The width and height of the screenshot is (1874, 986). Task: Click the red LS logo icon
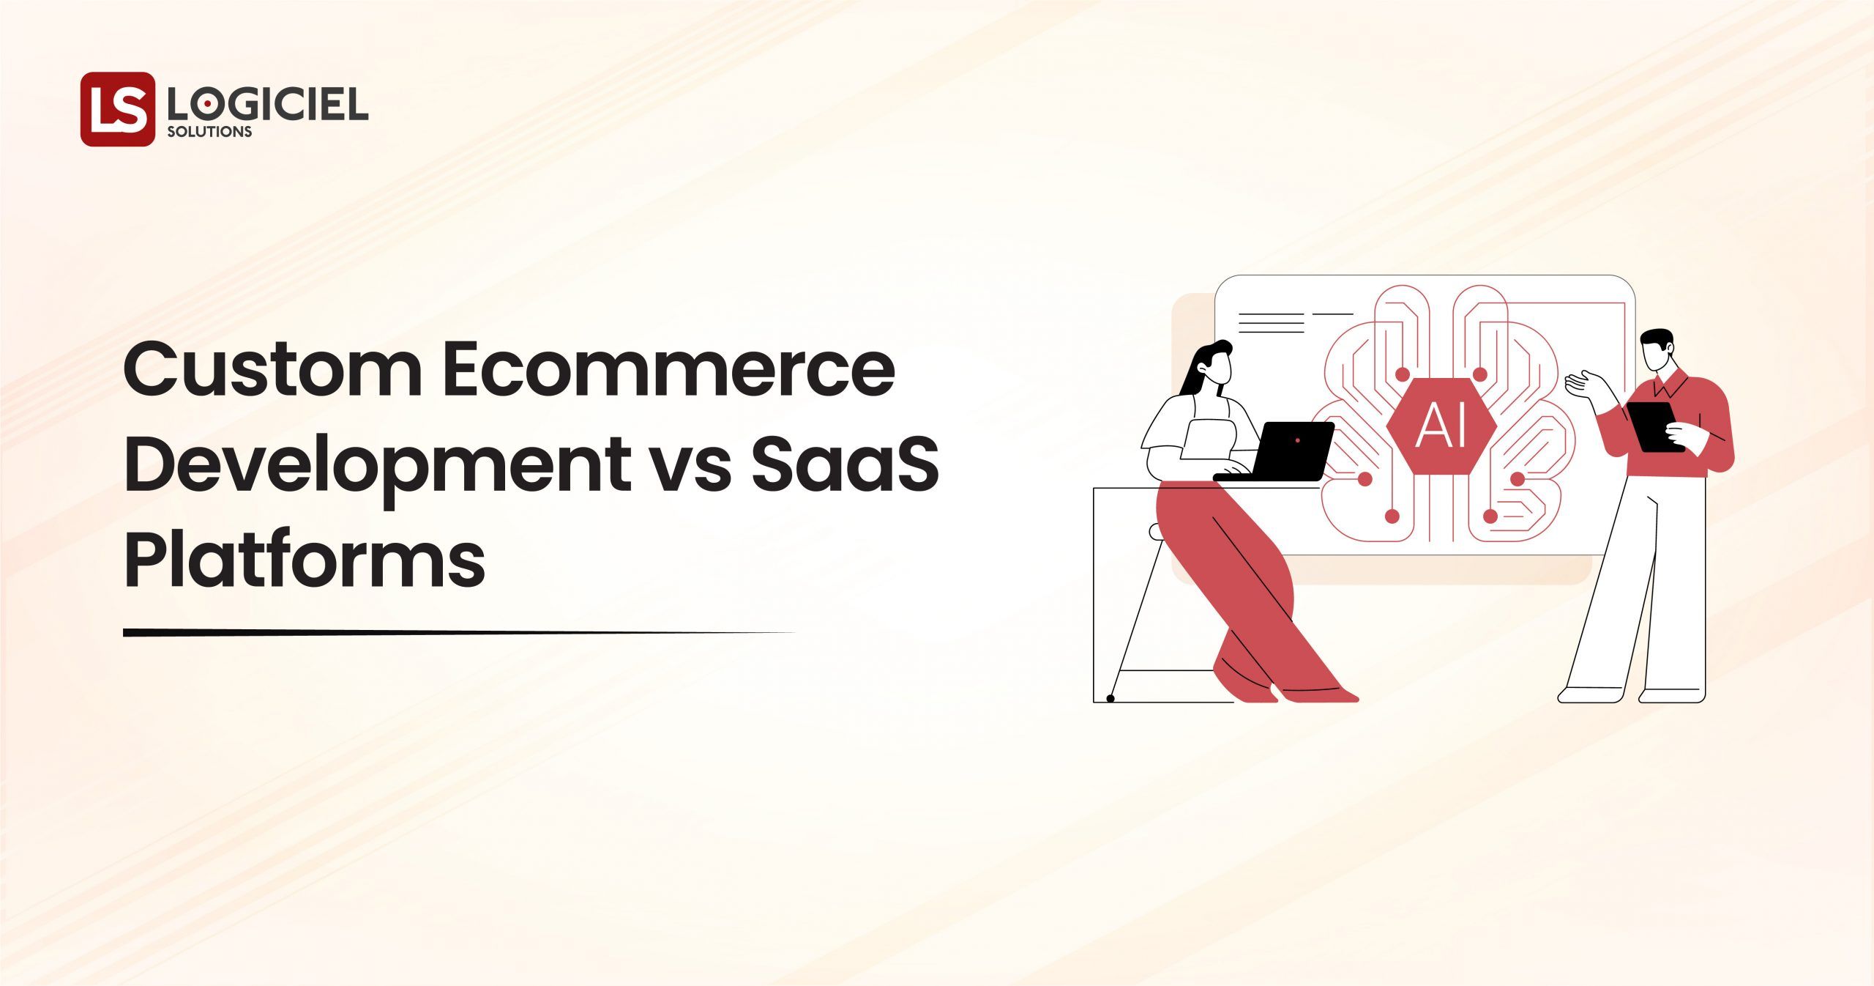(x=117, y=108)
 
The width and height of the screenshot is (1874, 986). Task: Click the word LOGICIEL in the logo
(x=268, y=106)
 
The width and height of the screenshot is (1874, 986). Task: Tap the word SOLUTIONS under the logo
(x=209, y=132)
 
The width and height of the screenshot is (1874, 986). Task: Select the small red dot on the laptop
(x=1297, y=440)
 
